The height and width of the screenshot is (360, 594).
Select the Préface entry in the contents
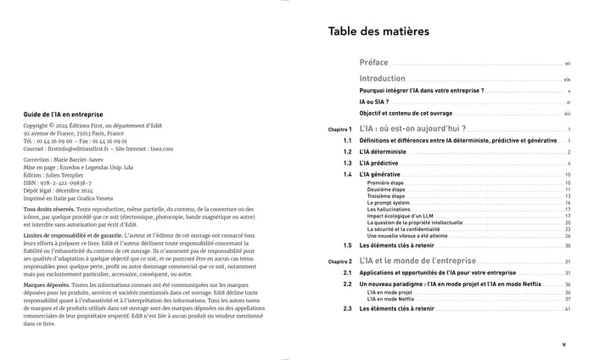pyautogui.click(x=373, y=63)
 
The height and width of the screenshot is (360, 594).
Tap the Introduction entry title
pyautogui.click(x=382, y=78)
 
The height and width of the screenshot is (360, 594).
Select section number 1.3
pyautogui.click(x=347, y=163)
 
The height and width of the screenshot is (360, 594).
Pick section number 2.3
pyautogui.click(x=347, y=309)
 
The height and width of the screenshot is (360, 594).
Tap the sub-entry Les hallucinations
pyautogui.click(x=389, y=210)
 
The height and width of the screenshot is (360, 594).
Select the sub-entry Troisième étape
pyautogui.click(x=386, y=196)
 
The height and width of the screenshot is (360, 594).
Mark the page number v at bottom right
pyautogui.click(x=563, y=344)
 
